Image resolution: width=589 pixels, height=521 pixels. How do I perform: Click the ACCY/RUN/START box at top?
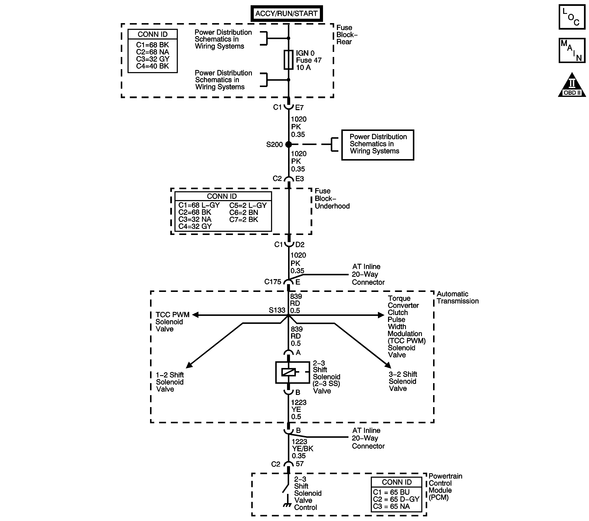[x=286, y=13]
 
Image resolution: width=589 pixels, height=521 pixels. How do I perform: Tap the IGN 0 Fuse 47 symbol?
[x=289, y=60]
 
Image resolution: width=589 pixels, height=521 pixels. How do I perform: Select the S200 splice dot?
[x=289, y=145]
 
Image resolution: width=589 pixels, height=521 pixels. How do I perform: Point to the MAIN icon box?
[x=572, y=50]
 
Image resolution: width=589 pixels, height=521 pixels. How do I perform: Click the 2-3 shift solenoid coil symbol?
[x=289, y=372]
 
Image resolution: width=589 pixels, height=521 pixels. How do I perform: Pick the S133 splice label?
[x=277, y=310]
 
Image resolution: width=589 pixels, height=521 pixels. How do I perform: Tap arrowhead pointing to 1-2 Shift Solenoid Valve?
[x=189, y=365]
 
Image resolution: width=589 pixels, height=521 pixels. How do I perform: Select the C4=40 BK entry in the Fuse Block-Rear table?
[x=152, y=66]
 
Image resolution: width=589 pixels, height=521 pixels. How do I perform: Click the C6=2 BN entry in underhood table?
[x=243, y=212]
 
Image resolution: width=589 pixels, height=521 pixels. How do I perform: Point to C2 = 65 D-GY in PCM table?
[x=396, y=499]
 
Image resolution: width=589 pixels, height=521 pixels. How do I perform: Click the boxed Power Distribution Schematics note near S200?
[x=378, y=145]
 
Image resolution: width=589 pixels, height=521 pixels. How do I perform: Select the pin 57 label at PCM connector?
[x=299, y=464]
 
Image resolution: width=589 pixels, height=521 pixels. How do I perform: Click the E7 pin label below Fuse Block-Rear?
[x=299, y=108]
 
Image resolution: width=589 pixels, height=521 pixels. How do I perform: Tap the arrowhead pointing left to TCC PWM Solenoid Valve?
[x=195, y=315]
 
